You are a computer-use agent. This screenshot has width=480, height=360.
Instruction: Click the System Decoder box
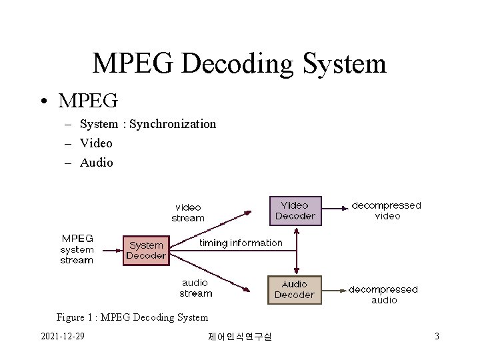pos(146,250)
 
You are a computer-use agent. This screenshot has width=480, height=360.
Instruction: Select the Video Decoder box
pos(295,211)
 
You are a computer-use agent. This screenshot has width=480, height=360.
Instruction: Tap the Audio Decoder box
pos(295,289)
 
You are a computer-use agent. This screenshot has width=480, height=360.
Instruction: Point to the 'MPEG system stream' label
pos(77,249)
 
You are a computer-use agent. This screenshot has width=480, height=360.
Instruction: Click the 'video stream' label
pos(188,213)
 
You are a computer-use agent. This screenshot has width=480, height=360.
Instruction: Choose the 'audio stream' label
pos(195,288)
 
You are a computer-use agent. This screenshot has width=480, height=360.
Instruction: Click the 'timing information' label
pos(241,243)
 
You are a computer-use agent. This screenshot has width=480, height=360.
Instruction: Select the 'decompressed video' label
pos(387,211)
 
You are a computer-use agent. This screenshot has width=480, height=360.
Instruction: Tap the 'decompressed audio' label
pos(383,295)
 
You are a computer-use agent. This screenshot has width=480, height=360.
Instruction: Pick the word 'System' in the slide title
pos(344,64)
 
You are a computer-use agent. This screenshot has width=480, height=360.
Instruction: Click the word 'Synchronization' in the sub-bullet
pos(173,124)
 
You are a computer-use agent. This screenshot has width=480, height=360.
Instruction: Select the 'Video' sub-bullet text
pos(96,143)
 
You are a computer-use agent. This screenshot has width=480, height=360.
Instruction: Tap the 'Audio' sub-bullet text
pos(97,163)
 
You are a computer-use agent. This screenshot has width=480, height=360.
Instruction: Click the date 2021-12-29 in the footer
pos(63,336)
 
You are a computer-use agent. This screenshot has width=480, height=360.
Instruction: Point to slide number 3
pos(437,336)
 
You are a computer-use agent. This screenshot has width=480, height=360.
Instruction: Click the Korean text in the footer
pos(240,337)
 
